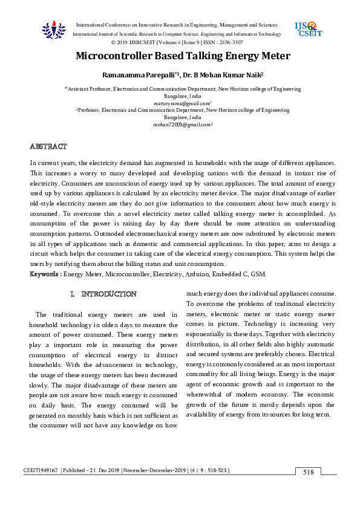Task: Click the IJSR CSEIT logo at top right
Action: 307,29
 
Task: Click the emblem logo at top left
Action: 53,30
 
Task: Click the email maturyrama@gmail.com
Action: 181,103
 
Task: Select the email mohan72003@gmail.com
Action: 181,125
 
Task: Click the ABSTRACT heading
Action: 48,147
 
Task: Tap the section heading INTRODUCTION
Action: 109,294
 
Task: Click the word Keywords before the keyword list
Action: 45,274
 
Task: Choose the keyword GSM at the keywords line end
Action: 258,274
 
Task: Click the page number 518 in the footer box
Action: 309,472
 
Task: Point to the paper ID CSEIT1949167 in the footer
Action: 41,470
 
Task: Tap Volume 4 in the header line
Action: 172,43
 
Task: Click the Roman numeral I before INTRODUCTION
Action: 72,294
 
